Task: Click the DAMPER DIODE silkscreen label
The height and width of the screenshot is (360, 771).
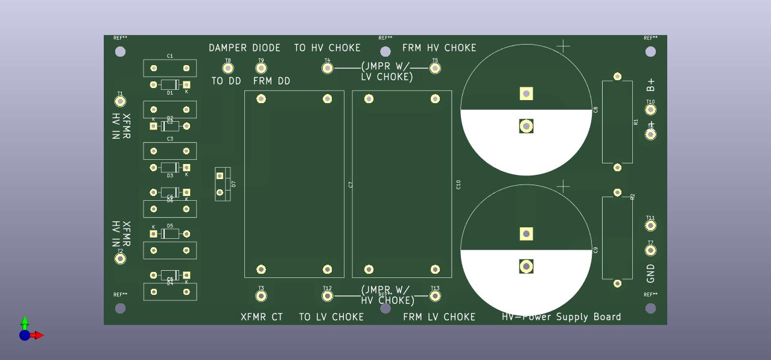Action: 244,48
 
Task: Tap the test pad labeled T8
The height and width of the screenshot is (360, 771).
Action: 228,68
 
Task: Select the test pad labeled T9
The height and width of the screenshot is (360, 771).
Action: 261,68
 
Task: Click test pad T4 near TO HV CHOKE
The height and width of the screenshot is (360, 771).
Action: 328,68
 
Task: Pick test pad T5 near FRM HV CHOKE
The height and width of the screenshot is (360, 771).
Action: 435,68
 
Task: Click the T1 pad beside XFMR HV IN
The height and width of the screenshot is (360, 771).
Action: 120,101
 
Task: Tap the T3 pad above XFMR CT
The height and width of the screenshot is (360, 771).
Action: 261,296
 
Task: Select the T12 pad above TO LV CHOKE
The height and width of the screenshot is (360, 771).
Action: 328,296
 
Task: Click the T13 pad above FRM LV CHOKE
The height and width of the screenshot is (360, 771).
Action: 435,296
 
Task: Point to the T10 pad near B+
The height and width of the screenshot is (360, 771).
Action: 650,110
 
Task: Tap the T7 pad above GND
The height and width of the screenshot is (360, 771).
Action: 650,250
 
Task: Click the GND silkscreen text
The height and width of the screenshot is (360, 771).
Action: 650,273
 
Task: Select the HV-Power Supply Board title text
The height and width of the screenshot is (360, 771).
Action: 561,317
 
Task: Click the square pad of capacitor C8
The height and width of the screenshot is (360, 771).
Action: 526,93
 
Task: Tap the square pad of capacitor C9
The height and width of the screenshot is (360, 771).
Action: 526,234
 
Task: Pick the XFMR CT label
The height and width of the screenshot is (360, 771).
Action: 262,317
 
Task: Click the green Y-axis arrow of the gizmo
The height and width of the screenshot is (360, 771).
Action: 25,322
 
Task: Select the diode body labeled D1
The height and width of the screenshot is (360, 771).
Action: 170,85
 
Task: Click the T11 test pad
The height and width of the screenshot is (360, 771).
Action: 650,226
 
